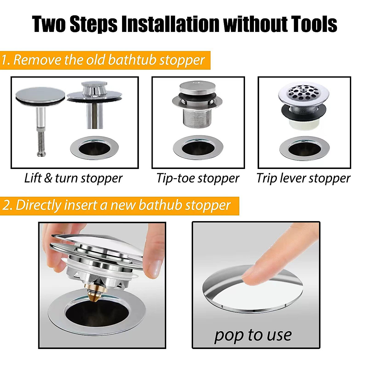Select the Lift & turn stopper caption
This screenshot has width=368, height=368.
pos(73,178)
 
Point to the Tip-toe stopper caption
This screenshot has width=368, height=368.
pos(198,178)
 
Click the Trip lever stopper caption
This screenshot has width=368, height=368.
pos(303,178)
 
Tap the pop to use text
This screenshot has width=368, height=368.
pos(253,335)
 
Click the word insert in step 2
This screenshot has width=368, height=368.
pos(82,205)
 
